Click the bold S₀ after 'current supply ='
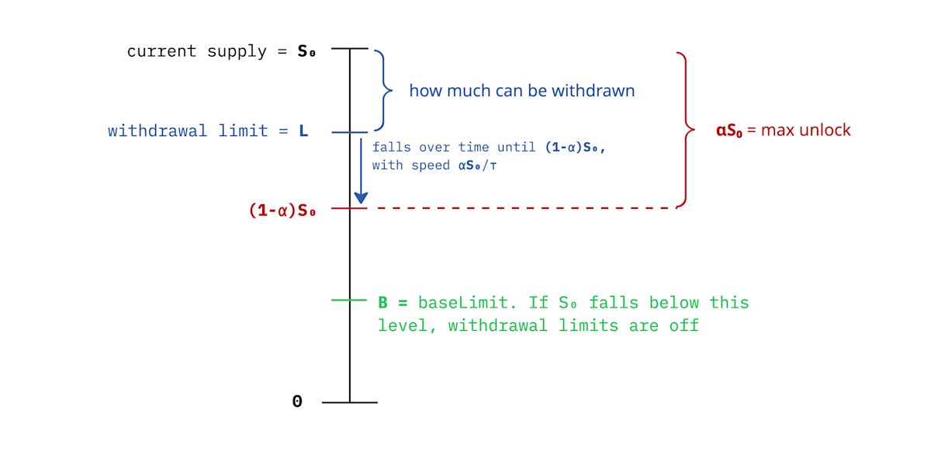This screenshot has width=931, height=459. pyautogui.click(x=306, y=52)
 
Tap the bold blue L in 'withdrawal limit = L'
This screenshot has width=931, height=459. pyautogui.click(x=303, y=131)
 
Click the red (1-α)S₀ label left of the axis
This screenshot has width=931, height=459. pyautogui.click(x=282, y=210)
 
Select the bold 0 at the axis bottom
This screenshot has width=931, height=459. pyautogui.click(x=297, y=402)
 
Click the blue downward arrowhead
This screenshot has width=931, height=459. pyautogui.click(x=361, y=197)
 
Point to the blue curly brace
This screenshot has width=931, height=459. pyautogui.click(x=380, y=90)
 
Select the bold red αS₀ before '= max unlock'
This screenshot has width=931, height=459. pyautogui.click(x=729, y=130)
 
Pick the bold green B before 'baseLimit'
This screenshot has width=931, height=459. pyautogui.click(x=382, y=302)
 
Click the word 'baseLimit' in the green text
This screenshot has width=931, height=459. pyautogui.click(x=458, y=302)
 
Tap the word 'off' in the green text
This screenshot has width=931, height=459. pyautogui.click(x=684, y=325)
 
